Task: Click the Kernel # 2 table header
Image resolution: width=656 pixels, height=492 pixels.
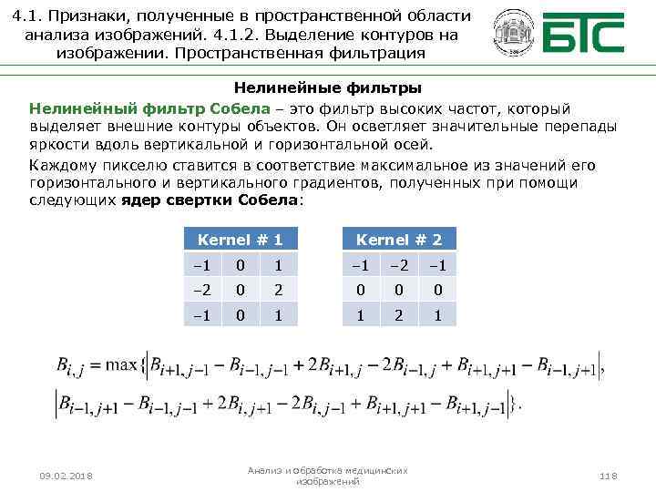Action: point(399,240)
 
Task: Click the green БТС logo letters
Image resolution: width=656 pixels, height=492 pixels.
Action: point(584,35)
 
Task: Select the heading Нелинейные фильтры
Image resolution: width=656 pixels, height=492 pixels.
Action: point(327,88)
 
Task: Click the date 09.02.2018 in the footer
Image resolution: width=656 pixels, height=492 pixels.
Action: point(68,477)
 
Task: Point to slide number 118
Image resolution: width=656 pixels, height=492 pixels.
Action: point(608,477)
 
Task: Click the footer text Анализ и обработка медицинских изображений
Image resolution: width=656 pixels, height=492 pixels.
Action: point(328,476)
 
